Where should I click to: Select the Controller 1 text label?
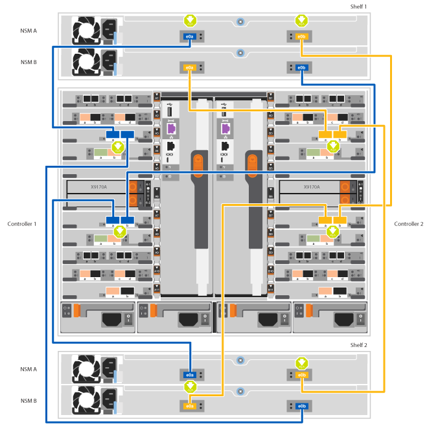click(x=21, y=224)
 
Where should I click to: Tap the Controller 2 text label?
click(x=409, y=224)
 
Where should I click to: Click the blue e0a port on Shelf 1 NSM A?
click(x=189, y=37)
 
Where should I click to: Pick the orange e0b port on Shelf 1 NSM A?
click(x=301, y=37)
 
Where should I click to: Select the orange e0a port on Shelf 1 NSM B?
click(x=189, y=67)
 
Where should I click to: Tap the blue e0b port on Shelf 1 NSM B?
click(x=301, y=67)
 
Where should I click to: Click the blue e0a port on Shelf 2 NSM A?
click(x=189, y=375)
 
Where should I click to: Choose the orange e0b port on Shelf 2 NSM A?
click(x=301, y=375)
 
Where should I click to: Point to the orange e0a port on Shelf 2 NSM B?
click(x=189, y=406)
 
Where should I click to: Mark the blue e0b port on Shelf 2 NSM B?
click(x=301, y=406)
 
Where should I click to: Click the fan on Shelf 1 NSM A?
click(x=86, y=31)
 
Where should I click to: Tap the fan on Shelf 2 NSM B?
click(x=86, y=400)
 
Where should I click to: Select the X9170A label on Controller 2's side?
click(x=312, y=186)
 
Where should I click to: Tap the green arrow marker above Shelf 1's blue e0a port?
click(x=189, y=19)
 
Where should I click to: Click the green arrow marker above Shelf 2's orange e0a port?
click(x=189, y=389)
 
